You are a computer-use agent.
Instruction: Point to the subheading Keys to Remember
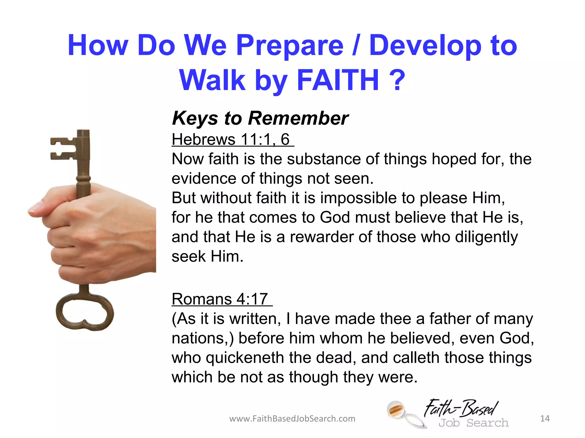point(260,118)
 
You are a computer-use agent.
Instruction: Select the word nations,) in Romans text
point(203,338)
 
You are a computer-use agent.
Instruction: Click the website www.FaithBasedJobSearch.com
point(292,419)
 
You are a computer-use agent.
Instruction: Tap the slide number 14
point(545,418)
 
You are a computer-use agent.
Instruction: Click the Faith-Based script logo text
point(460,408)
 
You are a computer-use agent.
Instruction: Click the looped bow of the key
point(85,312)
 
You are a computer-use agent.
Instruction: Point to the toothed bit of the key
point(63,148)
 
